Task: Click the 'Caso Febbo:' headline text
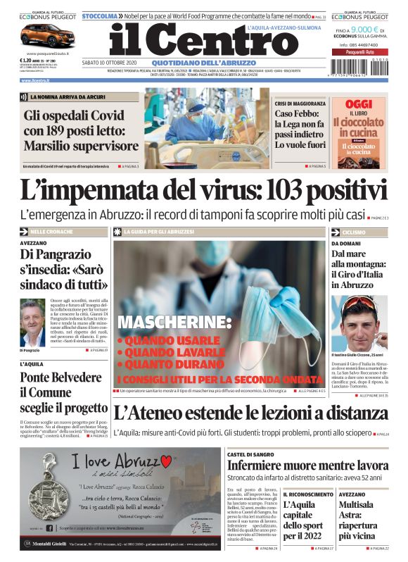298,113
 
